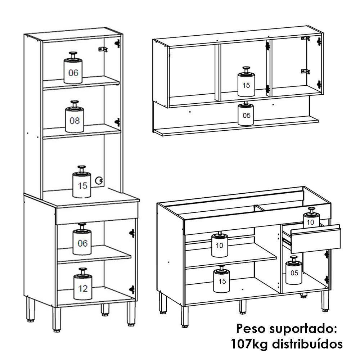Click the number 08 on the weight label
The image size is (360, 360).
click(x=75, y=121)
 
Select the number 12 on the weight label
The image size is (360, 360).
click(x=83, y=288)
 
